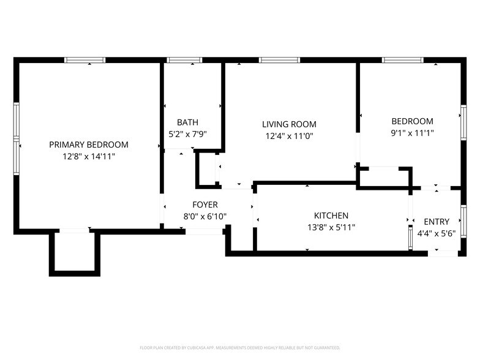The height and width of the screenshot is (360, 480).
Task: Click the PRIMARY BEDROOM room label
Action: pos(89,144)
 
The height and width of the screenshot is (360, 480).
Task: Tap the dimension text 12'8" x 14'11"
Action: pos(89,157)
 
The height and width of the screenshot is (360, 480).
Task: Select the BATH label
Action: pos(187,122)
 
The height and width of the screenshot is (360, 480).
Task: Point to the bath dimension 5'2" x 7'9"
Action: pos(187,133)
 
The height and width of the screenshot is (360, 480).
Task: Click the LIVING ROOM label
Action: pos(290,124)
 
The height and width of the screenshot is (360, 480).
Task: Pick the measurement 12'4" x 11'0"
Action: pos(290,137)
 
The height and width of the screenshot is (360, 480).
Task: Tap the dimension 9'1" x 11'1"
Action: pos(412,133)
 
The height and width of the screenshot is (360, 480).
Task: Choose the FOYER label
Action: pos(204,204)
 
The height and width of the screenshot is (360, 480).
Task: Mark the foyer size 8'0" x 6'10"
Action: pos(204,216)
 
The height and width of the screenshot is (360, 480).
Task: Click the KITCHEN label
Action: pos(331,216)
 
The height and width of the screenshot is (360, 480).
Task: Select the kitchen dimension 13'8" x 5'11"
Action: pos(331,227)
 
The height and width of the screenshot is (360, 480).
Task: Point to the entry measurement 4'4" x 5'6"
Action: pos(437,233)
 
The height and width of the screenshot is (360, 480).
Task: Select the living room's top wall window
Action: pos(279,60)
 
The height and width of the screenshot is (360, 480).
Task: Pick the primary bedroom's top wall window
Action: pos(86,60)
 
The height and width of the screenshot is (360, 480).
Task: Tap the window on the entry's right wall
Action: pos(463,221)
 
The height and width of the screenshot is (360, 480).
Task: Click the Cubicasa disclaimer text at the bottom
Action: pos(240,347)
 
